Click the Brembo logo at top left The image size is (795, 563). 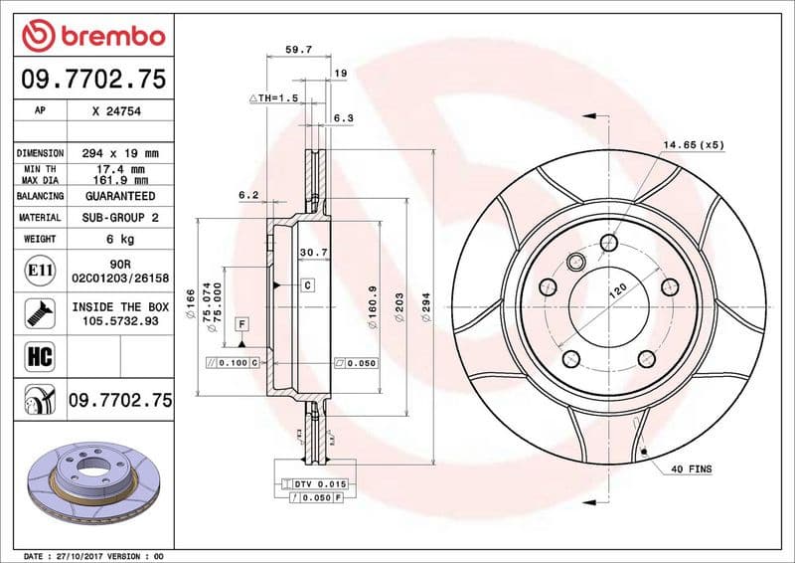91,37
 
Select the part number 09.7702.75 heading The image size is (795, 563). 92,80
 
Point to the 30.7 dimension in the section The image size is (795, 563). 313,253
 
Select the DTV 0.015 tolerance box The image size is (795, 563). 315,482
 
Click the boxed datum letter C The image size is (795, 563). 307,285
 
